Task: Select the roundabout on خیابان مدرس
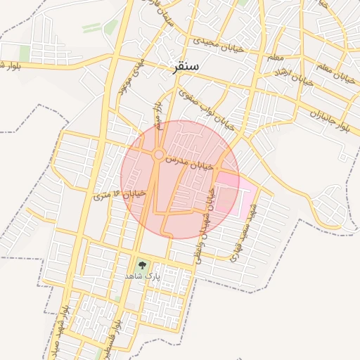[160, 154]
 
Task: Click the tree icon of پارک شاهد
[143, 266]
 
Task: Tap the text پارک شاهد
[143, 276]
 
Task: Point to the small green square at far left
[25, 53]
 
